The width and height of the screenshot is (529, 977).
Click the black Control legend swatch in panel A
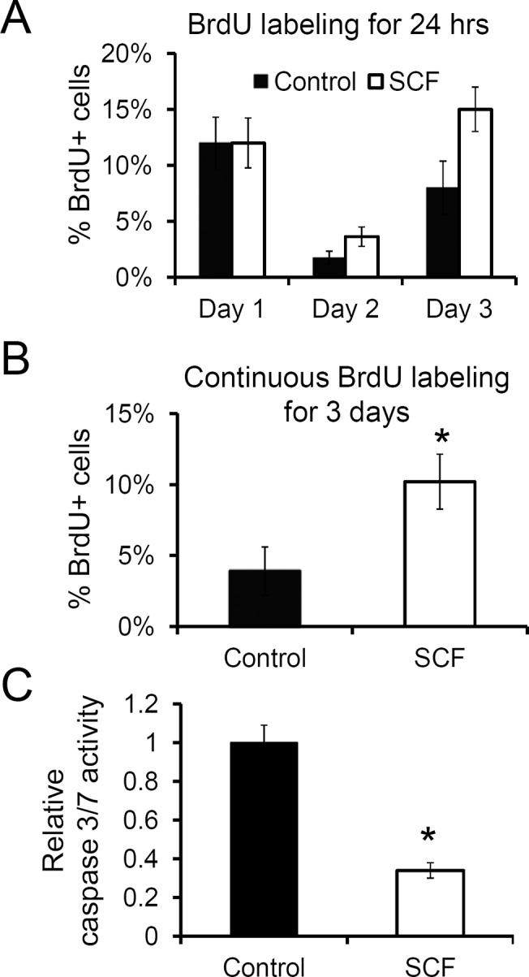pos(261,81)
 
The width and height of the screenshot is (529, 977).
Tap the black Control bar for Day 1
pos(216,210)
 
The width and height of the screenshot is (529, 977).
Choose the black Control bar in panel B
pos(264,598)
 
